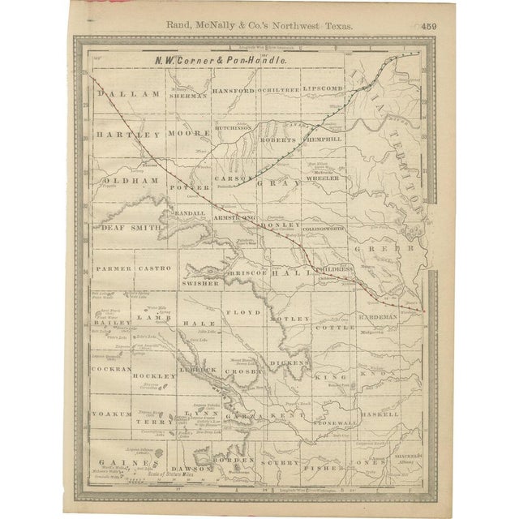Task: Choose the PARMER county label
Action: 109,267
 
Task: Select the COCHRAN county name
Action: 113,367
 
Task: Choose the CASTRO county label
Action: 152,267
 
